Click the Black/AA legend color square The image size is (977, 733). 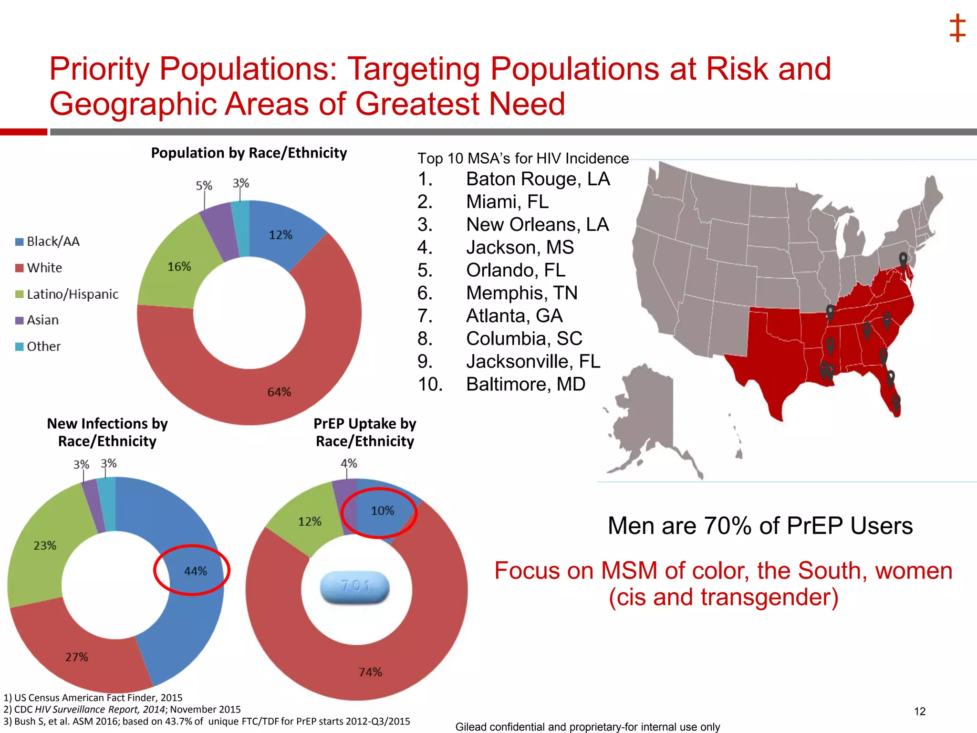pyautogui.click(x=20, y=242)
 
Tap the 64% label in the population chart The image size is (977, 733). pyautogui.click(x=279, y=392)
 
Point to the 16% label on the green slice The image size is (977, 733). pyautogui.click(x=179, y=267)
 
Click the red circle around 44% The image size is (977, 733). pyautogui.click(x=192, y=546)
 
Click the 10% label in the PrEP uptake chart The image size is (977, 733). pyautogui.click(x=383, y=511)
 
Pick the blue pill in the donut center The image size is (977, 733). pyautogui.click(x=355, y=586)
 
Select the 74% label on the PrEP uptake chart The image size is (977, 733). pyautogui.click(x=370, y=672)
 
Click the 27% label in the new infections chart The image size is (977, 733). pyautogui.click(x=77, y=657)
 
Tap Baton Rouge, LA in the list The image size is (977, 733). pyautogui.click(x=538, y=179)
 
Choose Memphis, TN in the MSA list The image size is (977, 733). pyautogui.click(x=521, y=293)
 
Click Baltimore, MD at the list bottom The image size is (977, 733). pyautogui.click(x=525, y=384)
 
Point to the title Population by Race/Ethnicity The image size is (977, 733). pyautogui.click(x=249, y=153)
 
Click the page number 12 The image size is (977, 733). pyautogui.click(x=920, y=712)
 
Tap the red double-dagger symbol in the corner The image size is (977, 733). pyautogui.click(x=957, y=28)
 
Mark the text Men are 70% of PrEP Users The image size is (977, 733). pyautogui.click(x=760, y=526)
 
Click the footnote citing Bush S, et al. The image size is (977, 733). pyautogui.click(x=207, y=722)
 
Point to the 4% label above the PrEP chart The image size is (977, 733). pyautogui.click(x=349, y=463)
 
